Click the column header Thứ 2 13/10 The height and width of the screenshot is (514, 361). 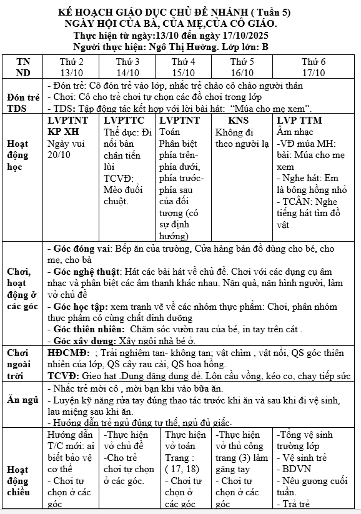[71, 67]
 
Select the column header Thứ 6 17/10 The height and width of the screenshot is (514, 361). [314, 67]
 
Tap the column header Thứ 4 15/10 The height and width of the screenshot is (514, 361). [184, 67]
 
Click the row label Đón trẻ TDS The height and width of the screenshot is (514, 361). [22, 102]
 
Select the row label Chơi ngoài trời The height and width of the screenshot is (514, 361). [22, 363]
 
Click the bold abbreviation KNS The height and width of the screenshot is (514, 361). [238, 120]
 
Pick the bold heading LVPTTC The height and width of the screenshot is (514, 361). [124, 120]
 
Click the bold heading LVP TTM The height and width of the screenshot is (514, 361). [299, 120]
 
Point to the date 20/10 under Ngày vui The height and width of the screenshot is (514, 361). [60, 154]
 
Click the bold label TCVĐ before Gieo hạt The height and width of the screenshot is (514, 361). [63, 375]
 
